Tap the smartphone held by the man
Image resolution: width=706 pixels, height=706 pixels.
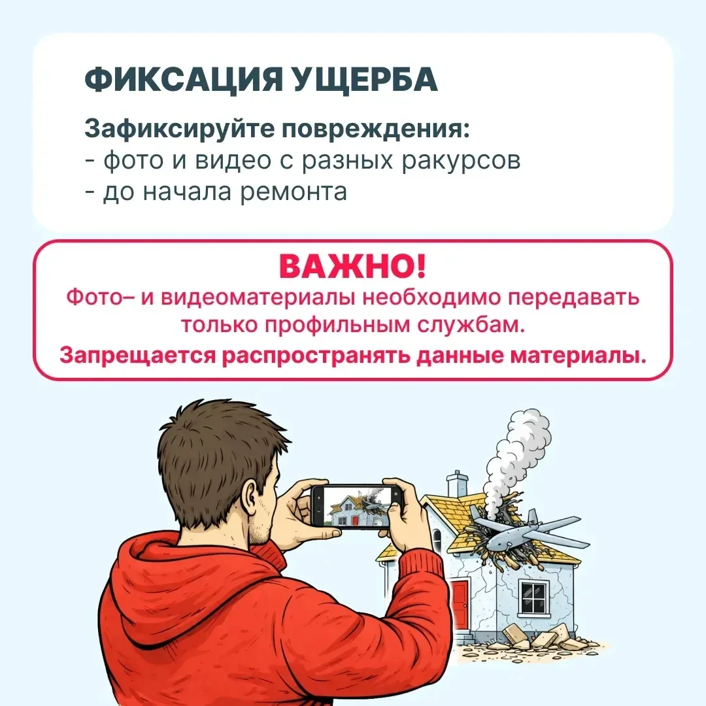coord(356,505)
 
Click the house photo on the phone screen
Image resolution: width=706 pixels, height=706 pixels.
coord(356,505)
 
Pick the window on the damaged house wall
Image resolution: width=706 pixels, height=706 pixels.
coord(533,597)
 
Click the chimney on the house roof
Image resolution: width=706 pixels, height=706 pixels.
coord(457,484)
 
